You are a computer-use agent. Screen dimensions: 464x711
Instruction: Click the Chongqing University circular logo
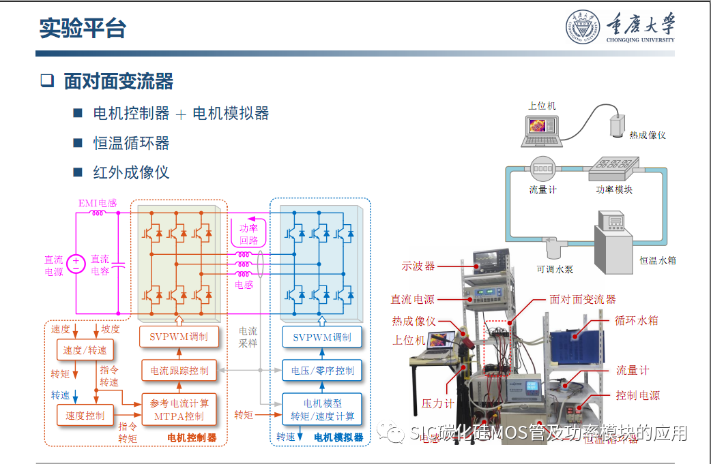[x=585, y=28]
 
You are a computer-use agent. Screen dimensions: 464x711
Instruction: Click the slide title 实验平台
[x=83, y=29]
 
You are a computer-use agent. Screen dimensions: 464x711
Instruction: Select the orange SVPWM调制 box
[x=179, y=337]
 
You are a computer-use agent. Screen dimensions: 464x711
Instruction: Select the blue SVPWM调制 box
[x=322, y=337]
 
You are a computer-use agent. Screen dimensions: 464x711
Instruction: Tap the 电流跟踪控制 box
[x=179, y=371]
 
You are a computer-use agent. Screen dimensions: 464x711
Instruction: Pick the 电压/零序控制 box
[x=322, y=371]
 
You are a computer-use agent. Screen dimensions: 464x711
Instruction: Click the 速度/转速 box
[x=85, y=350]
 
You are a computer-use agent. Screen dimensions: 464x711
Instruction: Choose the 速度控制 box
[x=85, y=415]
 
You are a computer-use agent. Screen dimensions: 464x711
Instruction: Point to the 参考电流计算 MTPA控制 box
[x=179, y=409]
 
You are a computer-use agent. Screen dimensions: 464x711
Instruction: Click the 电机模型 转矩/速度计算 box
[x=322, y=409]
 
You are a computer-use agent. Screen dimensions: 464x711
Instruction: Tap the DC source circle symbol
[x=76, y=262]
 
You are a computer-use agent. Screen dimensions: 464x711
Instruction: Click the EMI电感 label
[x=98, y=202]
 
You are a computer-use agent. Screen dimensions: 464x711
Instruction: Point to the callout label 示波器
[x=418, y=266]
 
